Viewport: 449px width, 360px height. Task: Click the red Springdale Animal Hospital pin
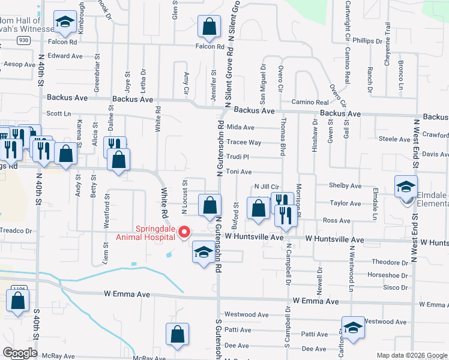pyautogui.click(x=186, y=231)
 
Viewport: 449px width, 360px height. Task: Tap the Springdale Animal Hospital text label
pyautogui.click(x=146, y=232)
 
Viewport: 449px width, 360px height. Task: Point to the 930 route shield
pyautogui.click(x=23, y=40)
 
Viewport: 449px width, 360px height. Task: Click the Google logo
pyautogui.click(x=20, y=353)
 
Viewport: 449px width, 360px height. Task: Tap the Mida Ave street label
pyautogui.click(x=241, y=127)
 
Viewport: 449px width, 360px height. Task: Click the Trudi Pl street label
pyautogui.click(x=237, y=157)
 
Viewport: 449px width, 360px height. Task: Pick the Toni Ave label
pyautogui.click(x=238, y=172)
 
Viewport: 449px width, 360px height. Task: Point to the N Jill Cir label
pyautogui.click(x=268, y=187)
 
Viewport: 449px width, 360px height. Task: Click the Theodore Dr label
pyautogui.click(x=390, y=262)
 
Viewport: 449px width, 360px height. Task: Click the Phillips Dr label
pyautogui.click(x=367, y=41)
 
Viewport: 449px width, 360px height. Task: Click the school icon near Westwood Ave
pyautogui.click(x=353, y=328)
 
